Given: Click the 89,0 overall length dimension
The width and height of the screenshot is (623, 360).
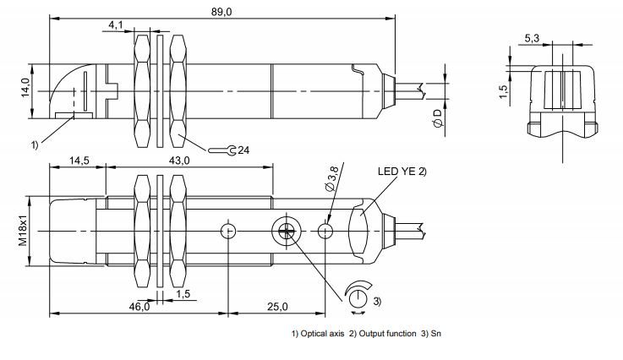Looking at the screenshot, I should pyautogui.click(x=221, y=10).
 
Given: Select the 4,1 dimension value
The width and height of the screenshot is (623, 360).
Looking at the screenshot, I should pyautogui.click(x=117, y=25).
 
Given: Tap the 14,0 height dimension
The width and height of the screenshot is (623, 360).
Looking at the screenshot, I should pyautogui.click(x=25, y=86).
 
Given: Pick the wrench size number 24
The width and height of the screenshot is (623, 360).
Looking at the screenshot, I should pyautogui.click(x=243, y=150).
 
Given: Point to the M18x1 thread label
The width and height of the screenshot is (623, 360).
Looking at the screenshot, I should pyautogui.click(x=24, y=229).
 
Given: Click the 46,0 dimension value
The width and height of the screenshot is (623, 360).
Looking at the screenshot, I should pyautogui.click(x=139, y=306).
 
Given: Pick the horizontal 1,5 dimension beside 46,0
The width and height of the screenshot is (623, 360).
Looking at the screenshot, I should pyautogui.click(x=182, y=293).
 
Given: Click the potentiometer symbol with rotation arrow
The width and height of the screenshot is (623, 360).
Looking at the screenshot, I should pyautogui.click(x=358, y=297).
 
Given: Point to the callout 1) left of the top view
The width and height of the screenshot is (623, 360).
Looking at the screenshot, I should pyautogui.click(x=35, y=145).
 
